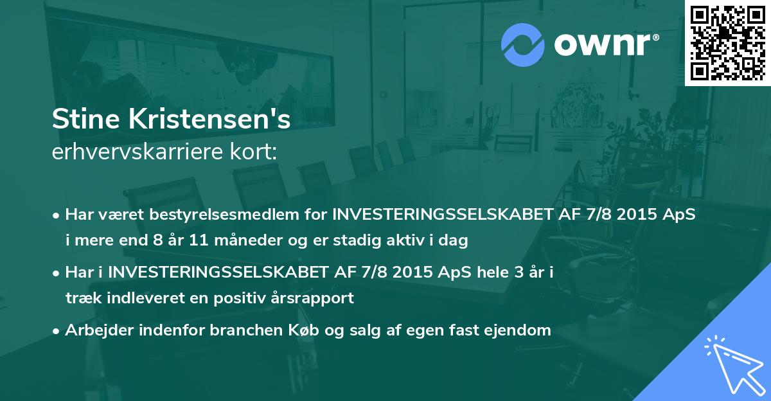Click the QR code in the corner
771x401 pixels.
pos(727,42)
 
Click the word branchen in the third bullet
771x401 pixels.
pos(211,330)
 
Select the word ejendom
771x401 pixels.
pos(519,330)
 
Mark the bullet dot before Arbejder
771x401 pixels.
pos(57,331)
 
